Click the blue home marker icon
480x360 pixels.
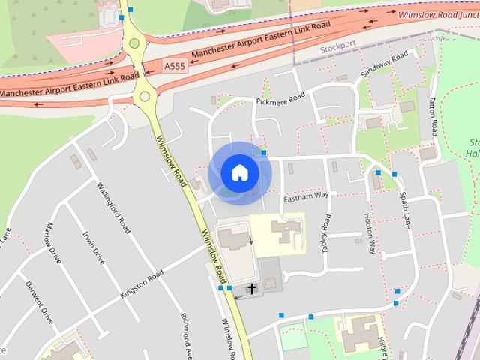pyautogui.click(x=239, y=172)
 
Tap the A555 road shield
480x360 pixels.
pyautogui.click(x=174, y=67)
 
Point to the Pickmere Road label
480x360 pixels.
pyautogui.click(x=281, y=98)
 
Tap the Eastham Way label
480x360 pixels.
pyautogui.click(x=306, y=196)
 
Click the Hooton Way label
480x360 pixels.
pyautogui.click(x=370, y=233)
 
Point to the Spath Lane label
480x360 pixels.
pyautogui.click(x=405, y=210)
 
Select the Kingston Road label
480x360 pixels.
pyautogui.click(x=142, y=286)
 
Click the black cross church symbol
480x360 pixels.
pyautogui.click(x=252, y=287)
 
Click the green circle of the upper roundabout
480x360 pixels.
pyautogui.click(x=134, y=43)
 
